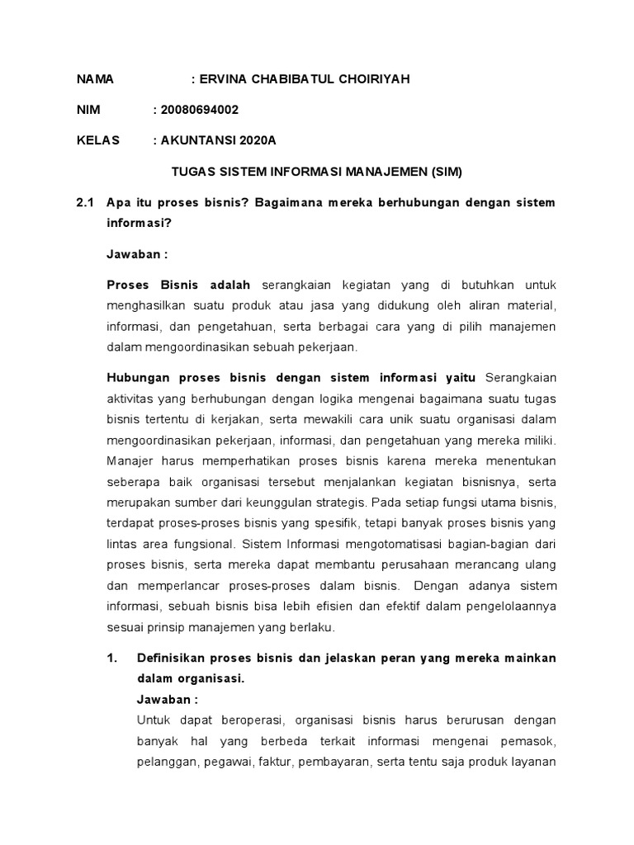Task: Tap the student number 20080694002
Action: (202, 110)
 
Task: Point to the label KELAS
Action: (98, 140)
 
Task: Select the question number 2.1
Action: (85, 202)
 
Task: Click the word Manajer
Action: (130, 460)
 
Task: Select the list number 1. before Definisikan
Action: (113, 658)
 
